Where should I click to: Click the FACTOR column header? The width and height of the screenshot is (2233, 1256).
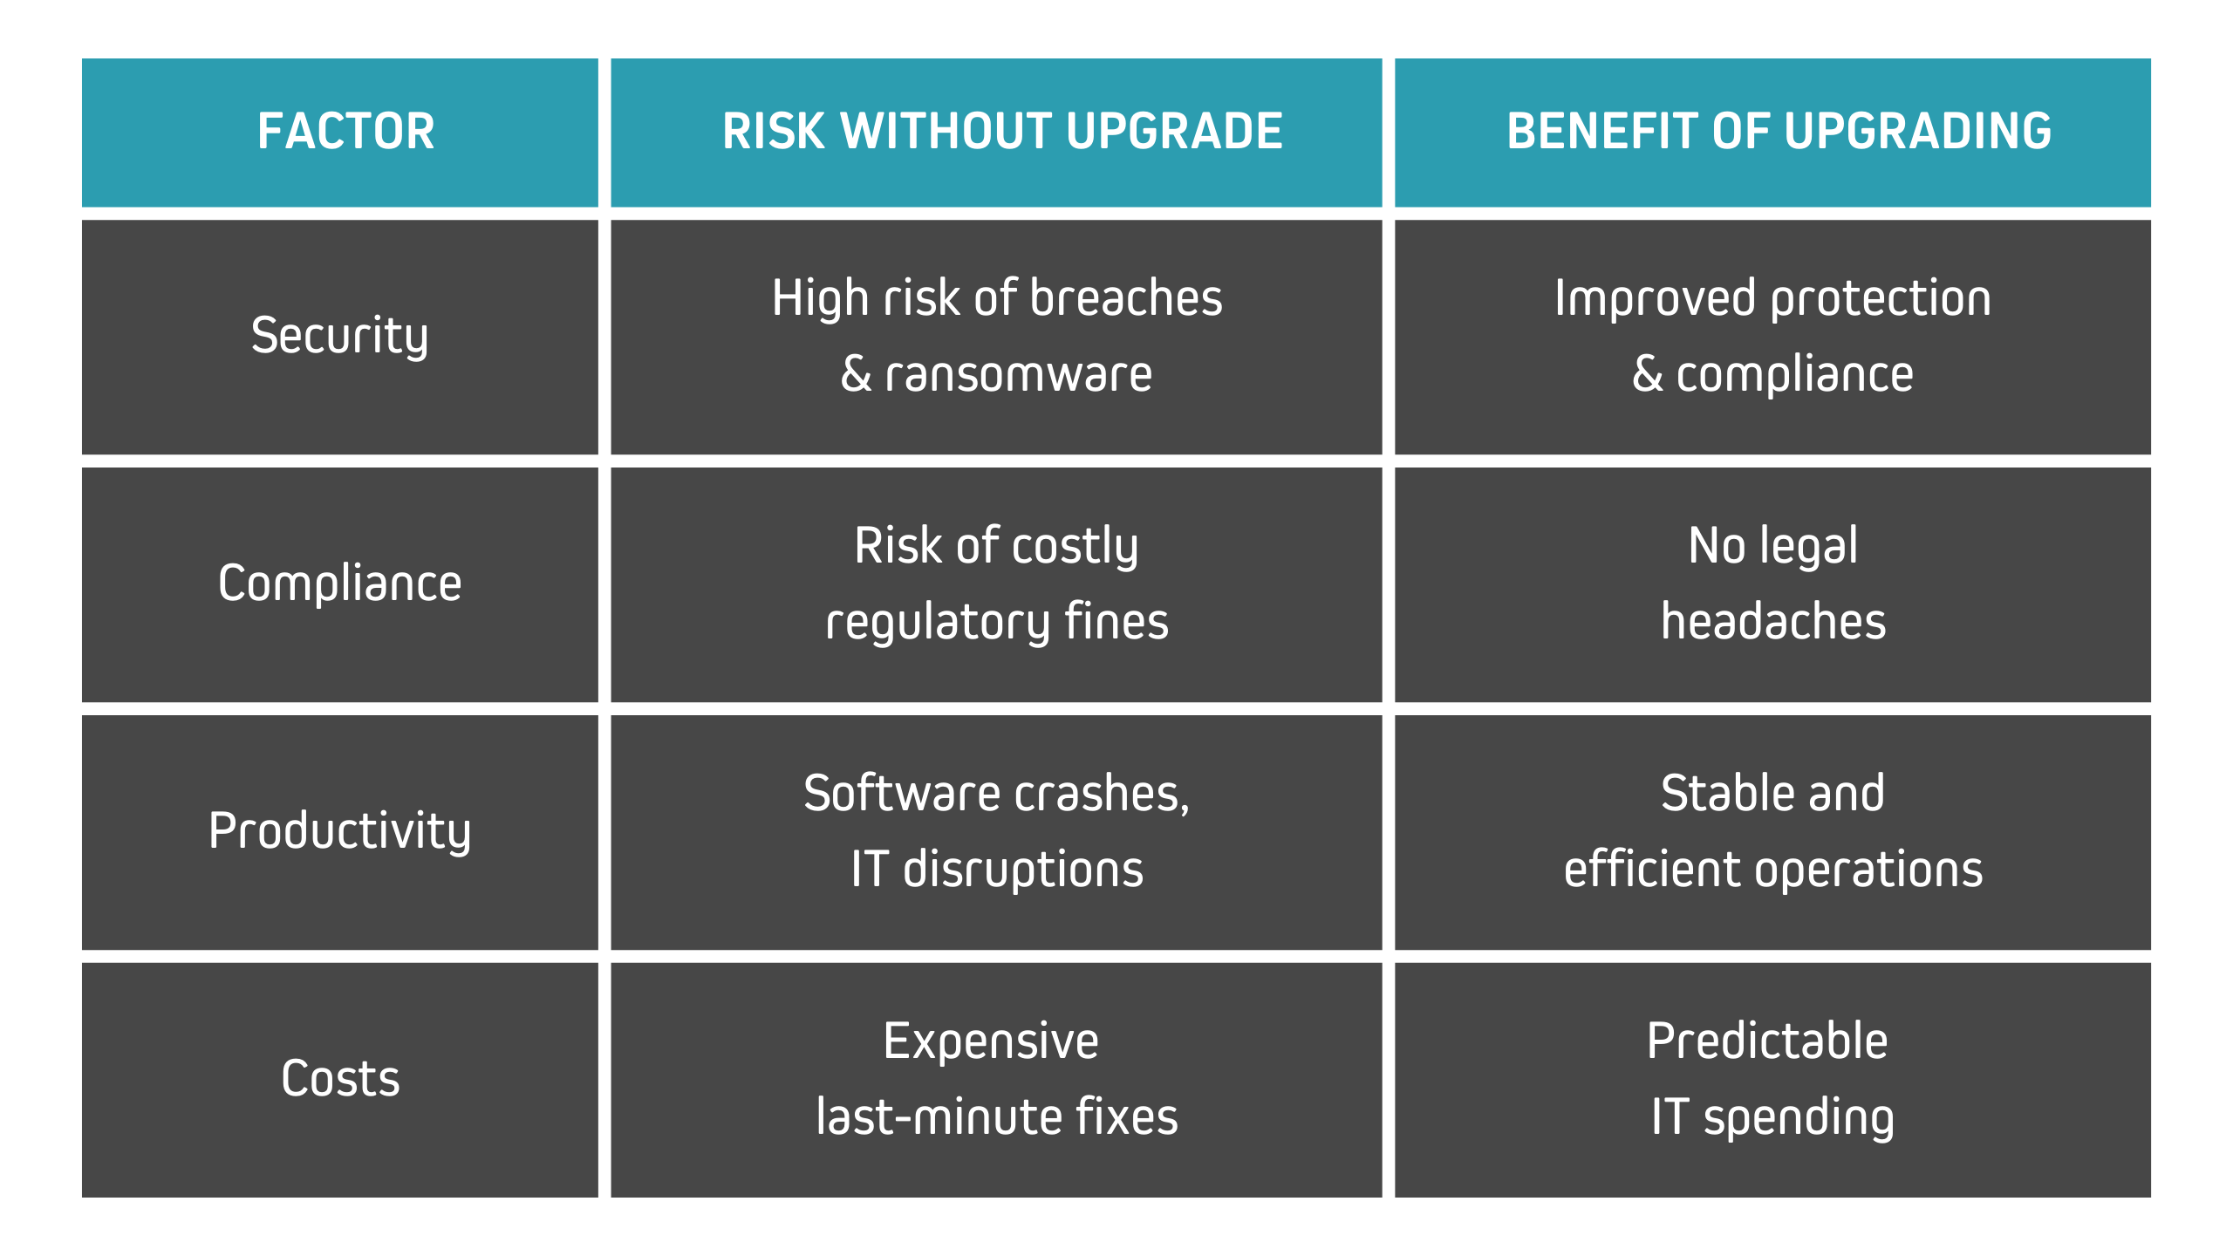[346, 132]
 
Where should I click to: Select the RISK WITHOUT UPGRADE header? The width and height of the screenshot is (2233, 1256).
[1002, 132]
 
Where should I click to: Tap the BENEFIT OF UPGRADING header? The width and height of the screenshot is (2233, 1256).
[1779, 132]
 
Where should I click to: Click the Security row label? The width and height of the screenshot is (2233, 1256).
[339, 337]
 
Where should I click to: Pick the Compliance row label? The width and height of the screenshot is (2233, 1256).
[339, 584]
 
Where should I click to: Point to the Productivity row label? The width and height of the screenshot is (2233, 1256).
[339, 831]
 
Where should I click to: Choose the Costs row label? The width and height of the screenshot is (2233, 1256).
[340, 1079]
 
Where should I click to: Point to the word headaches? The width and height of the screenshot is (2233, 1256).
[1773, 621]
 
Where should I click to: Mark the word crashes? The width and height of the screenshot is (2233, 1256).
[1102, 794]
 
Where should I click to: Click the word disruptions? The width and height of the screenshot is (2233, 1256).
[1023, 870]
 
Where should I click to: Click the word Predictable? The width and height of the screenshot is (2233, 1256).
[1767, 1041]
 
